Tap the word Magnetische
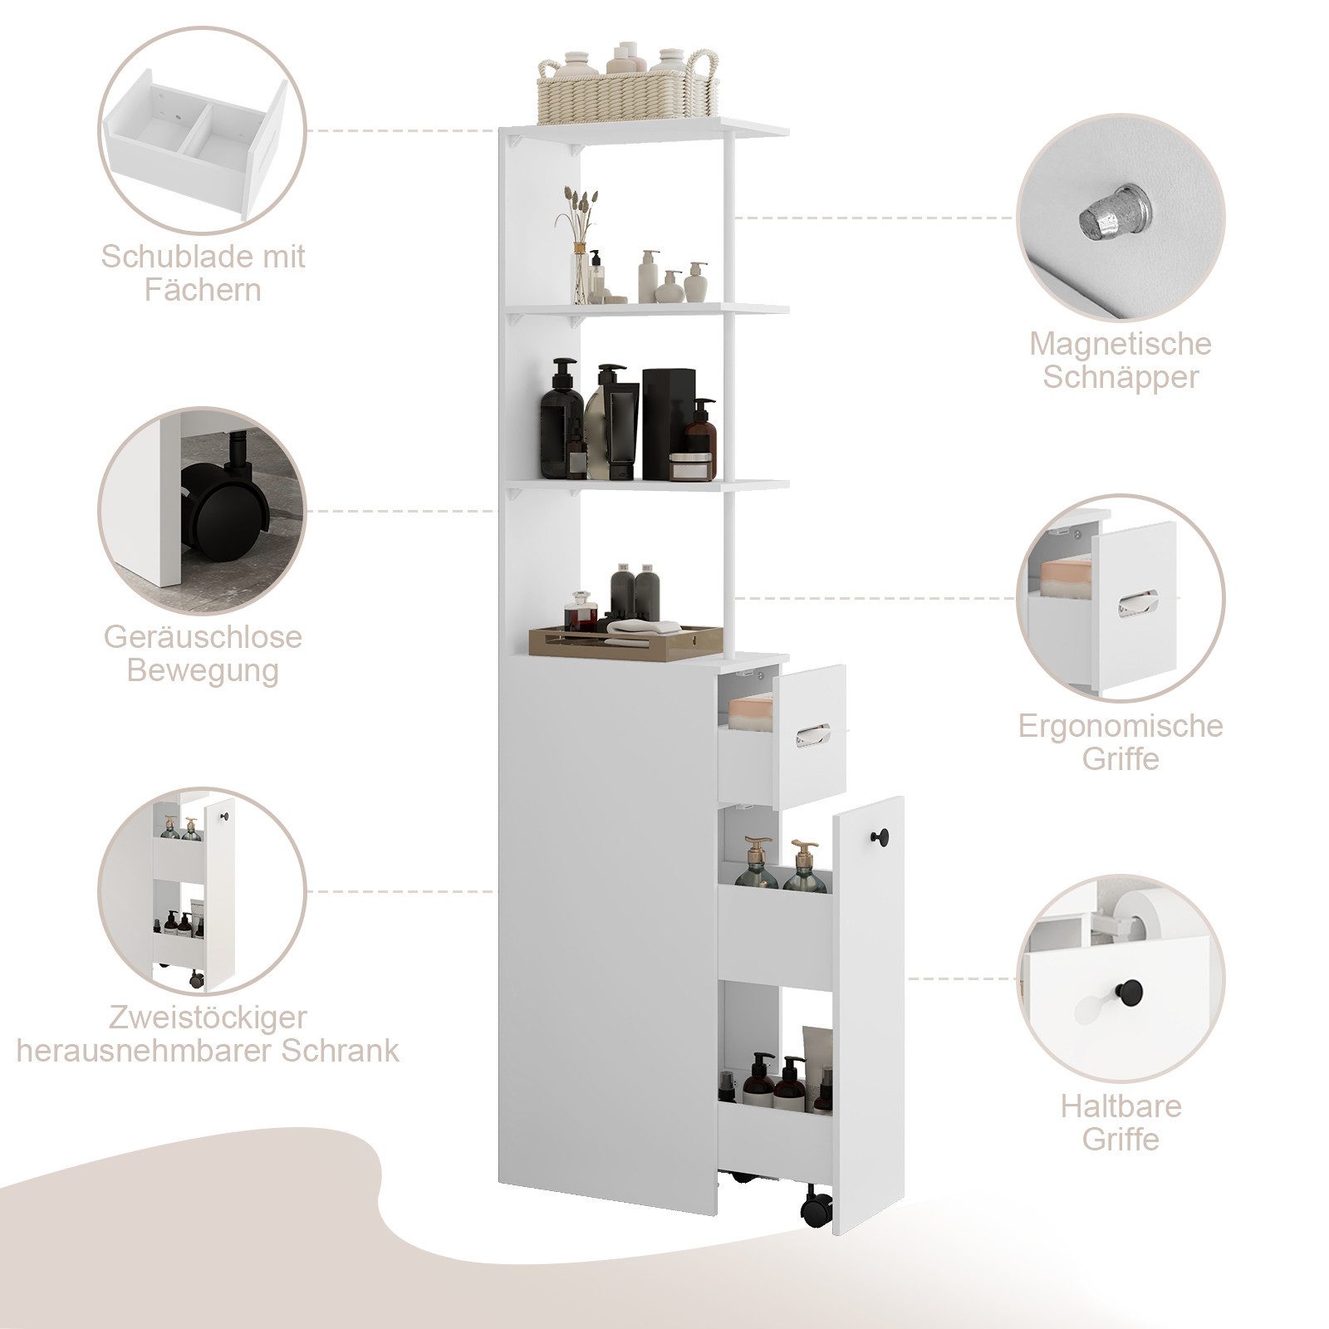point(1120,344)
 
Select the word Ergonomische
point(1120,725)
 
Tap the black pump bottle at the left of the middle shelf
point(562,419)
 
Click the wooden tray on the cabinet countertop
point(625,643)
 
